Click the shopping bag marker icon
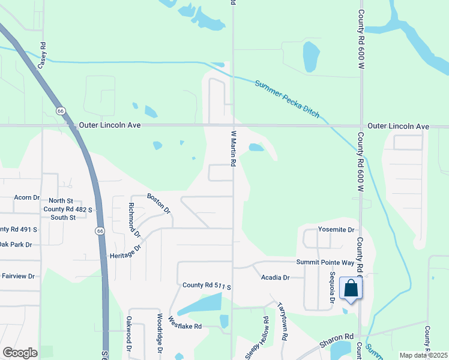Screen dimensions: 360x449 351,288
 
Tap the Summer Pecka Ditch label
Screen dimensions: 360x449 287,99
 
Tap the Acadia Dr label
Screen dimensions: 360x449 276,278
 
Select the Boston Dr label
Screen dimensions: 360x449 160,203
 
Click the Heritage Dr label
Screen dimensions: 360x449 125,253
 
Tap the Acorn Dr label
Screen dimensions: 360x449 26,197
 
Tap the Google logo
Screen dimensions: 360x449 20,353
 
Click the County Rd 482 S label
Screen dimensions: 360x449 68,209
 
